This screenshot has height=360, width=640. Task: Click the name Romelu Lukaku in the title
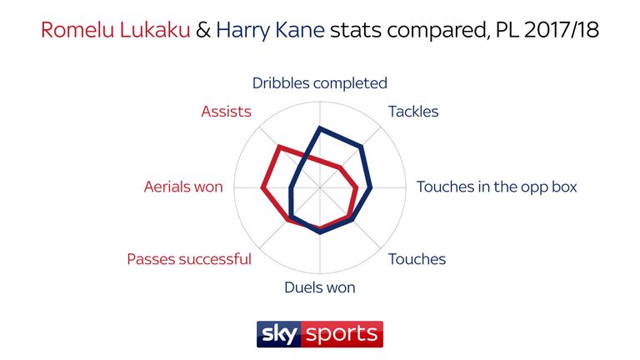coord(116,30)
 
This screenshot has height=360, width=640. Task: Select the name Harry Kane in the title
coord(270,30)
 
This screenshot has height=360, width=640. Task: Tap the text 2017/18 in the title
coord(561,30)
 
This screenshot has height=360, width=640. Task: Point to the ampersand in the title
coord(203,30)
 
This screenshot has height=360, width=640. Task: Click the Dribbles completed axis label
coord(320,83)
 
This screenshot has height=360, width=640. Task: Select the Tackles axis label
coord(413,112)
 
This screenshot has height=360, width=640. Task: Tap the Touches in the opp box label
coord(497,187)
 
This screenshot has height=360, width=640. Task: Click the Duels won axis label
coord(320,287)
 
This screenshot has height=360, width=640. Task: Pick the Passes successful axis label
coord(189,259)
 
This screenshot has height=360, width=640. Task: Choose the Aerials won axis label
coord(183,187)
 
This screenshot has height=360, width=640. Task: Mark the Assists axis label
coord(226,112)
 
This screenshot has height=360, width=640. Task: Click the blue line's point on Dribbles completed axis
coord(320,128)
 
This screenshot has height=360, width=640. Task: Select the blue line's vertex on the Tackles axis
coord(361,147)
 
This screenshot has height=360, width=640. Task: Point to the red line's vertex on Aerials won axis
coord(262,187)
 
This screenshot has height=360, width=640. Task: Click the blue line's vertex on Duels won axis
coord(320,232)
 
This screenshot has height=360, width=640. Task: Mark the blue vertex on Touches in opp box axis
coord(371,187)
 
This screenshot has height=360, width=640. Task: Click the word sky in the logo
coord(279,334)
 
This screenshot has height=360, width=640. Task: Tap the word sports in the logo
coord(342,335)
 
